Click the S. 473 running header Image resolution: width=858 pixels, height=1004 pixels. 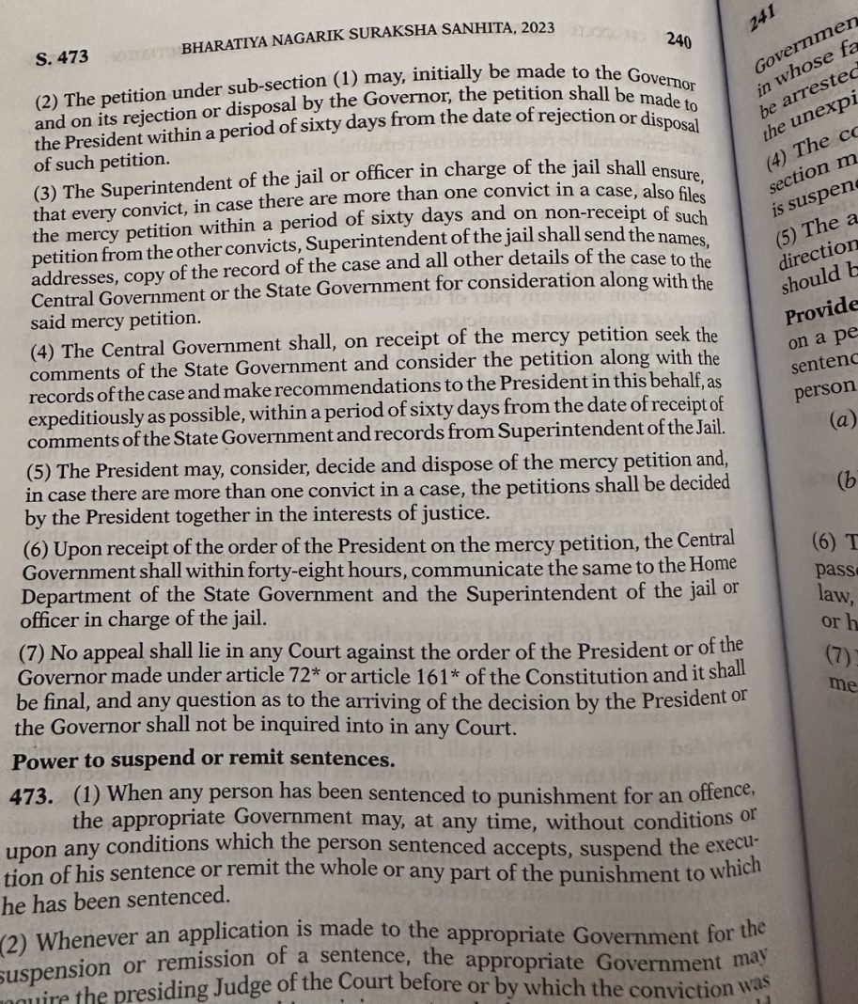coord(62,56)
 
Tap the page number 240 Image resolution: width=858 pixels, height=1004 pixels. coord(679,39)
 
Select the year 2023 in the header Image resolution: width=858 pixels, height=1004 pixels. coord(527,30)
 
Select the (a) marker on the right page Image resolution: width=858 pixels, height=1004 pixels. coord(839,420)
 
